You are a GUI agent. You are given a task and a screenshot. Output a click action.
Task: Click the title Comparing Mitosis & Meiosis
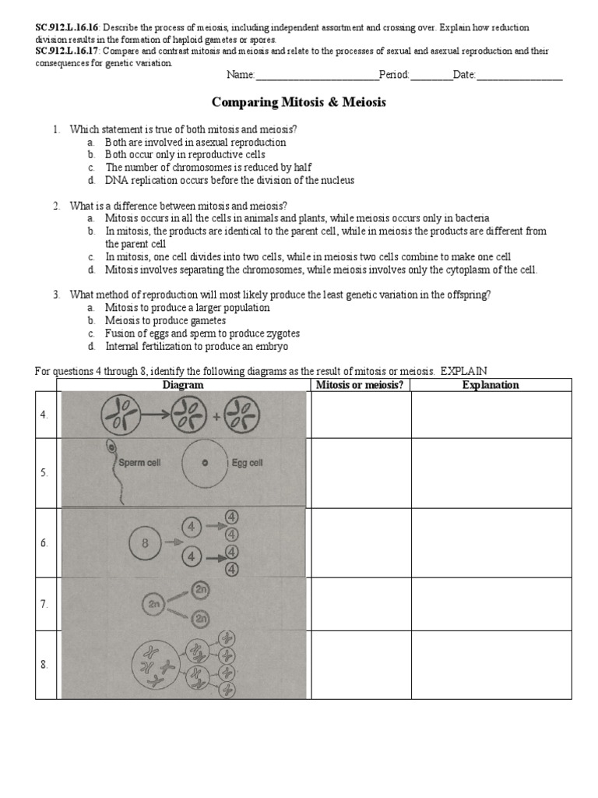[299, 102]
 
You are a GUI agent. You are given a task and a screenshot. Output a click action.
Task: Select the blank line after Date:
[519, 76]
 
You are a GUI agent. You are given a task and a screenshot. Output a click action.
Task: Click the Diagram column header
[183, 385]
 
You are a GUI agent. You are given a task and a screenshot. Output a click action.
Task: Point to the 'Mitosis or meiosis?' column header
[361, 385]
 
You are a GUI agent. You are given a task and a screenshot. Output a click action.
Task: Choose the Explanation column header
[491, 385]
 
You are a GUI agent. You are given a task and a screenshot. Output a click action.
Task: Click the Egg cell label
[247, 462]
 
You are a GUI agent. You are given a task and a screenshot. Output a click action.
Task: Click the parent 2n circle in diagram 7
[153, 603]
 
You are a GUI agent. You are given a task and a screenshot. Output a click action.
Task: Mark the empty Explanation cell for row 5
[491, 473]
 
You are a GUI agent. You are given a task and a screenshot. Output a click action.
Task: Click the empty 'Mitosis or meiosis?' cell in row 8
[361, 665]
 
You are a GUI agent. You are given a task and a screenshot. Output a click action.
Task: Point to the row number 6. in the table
[45, 543]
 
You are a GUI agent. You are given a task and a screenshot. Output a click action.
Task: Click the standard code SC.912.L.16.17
[66, 51]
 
